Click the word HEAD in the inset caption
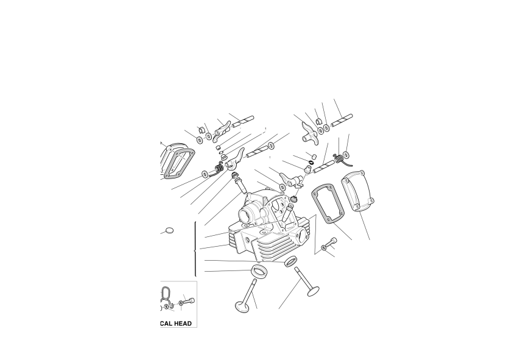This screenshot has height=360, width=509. [x=183, y=323]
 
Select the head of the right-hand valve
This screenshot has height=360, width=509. [x=313, y=291]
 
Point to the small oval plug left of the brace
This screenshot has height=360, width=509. [x=169, y=231]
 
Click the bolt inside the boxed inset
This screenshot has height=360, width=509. [x=188, y=302]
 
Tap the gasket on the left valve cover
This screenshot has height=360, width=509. [x=179, y=164]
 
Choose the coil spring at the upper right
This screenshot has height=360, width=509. [x=339, y=158]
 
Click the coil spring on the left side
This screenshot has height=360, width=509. [x=219, y=168]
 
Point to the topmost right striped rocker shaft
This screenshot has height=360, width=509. [x=342, y=120]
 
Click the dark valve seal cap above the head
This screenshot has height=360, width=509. [x=295, y=198]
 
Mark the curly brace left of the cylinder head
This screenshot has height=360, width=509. [x=195, y=249]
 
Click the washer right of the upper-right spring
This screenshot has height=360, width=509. [x=345, y=154]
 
